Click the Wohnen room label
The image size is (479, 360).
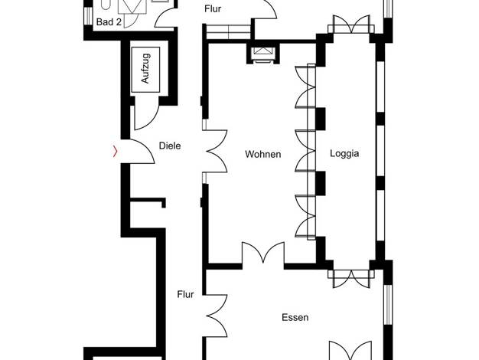(x=263, y=154)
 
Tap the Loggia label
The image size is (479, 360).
(x=344, y=153)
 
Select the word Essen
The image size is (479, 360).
(x=295, y=317)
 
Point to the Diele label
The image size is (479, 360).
(x=170, y=146)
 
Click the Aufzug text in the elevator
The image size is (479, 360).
(x=145, y=68)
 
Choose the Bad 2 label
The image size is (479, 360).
(x=109, y=22)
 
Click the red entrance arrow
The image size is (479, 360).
(x=116, y=151)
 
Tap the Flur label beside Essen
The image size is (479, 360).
(x=185, y=294)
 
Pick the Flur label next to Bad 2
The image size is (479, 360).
(x=213, y=9)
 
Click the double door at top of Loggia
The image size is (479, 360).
(x=351, y=25)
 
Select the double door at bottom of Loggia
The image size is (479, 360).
(x=351, y=278)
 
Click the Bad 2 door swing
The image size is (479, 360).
(x=165, y=19)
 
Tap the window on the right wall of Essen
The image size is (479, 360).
(x=388, y=305)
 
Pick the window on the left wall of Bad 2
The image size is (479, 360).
(x=88, y=15)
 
